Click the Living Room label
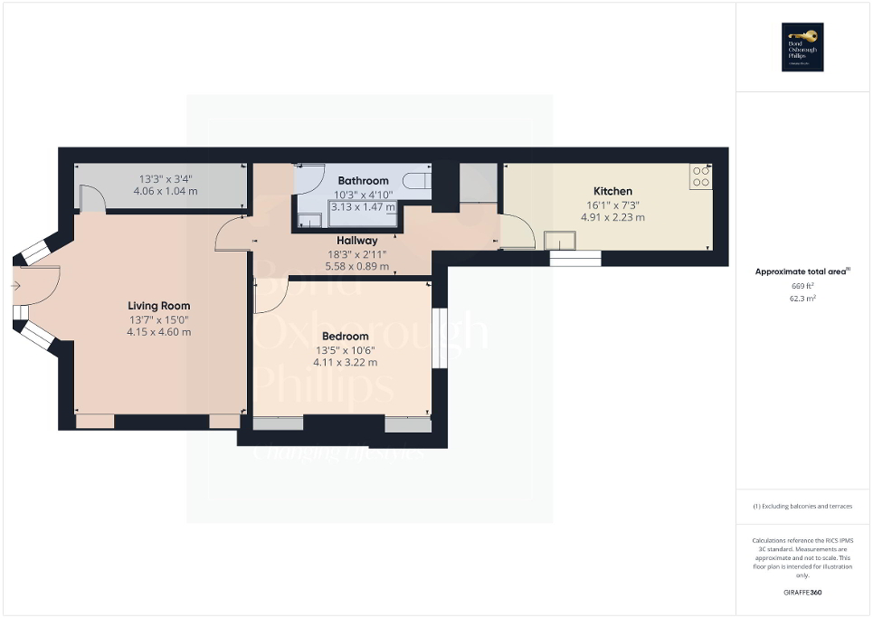[x=158, y=306]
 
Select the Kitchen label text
[x=612, y=191]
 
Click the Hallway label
[x=357, y=241]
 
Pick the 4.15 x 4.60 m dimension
[x=158, y=332]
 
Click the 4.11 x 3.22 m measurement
[x=345, y=363]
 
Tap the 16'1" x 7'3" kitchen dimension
[x=612, y=204]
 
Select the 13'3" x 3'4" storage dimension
[x=164, y=178]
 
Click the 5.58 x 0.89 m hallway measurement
[x=357, y=266]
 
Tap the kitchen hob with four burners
[x=701, y=176]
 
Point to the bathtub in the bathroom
[x=415, y=181]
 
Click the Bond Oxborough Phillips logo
[x=803, y=47]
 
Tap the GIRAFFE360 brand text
[x=803, y=593]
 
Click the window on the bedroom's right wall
[x=436, y=338]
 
